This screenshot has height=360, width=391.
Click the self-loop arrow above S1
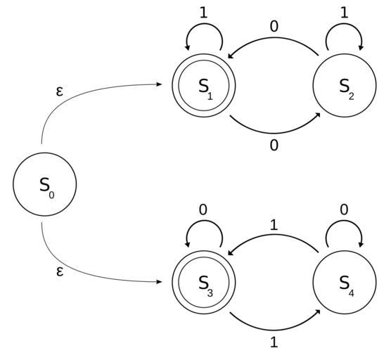click(204, 24)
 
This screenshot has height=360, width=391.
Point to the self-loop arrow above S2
click(345, 24)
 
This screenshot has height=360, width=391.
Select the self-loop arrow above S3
click(204, 221)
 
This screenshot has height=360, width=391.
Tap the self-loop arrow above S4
click(345, 221)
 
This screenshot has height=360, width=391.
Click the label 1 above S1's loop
click(204, 13)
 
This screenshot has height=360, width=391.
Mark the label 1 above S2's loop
click(345, 13)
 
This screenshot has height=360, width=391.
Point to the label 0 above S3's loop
click(203, 210)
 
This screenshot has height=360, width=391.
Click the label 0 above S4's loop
click(344, 210)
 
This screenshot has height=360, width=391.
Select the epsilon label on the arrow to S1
click(60, 91)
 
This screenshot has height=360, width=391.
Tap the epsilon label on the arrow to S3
click(60, 271)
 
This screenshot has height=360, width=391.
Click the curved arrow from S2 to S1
click(274, 39)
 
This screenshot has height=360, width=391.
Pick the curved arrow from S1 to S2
click(274, 133)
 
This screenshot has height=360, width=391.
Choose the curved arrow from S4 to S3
click(274, 235)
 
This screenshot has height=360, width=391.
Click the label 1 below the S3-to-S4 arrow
click(274, 343)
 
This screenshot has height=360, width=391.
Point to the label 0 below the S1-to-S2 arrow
click(274, 146)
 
